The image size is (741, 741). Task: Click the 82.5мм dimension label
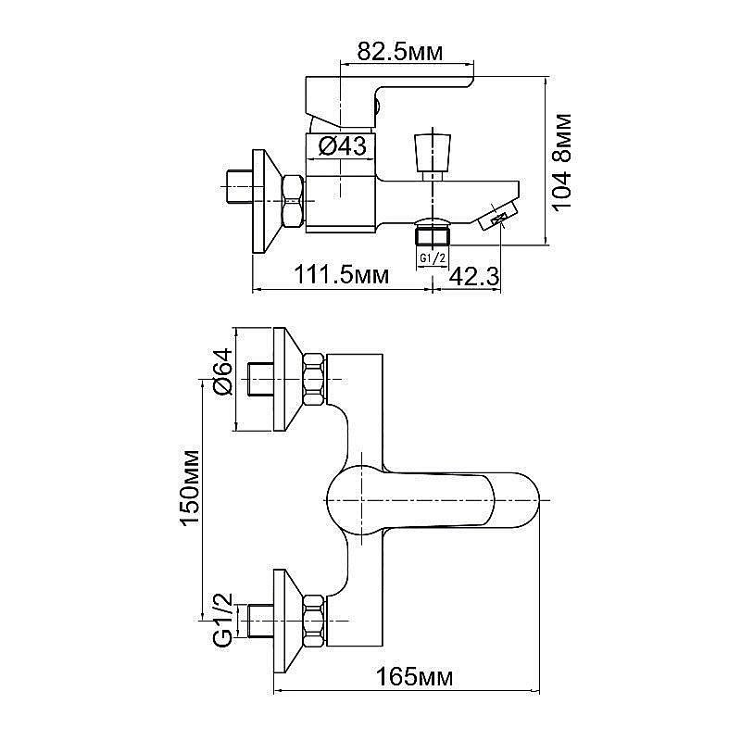click(400, 53)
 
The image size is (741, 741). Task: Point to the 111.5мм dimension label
click(341, 275)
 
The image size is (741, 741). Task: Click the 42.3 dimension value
click(473, 275)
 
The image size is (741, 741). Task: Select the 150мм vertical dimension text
click(190, 488)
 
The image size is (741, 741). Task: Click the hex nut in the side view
click(294, 200)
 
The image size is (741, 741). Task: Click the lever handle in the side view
click(389, 93)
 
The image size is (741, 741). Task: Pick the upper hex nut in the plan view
click(315, 380)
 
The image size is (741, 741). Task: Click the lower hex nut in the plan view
click(315, 621)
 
